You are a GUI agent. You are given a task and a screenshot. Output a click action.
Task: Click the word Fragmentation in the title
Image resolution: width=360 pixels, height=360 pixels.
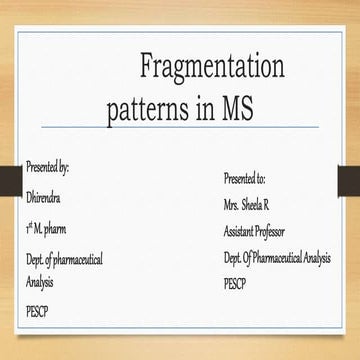[x=212, y=69]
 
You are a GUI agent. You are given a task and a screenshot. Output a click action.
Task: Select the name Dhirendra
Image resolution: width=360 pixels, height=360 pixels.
[x=46, y=197]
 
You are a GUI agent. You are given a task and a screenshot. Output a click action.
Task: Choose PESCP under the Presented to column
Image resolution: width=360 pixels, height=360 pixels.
[x=236, y=283]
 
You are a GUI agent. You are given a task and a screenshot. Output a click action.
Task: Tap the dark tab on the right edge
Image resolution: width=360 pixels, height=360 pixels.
[x=349, y=180]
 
